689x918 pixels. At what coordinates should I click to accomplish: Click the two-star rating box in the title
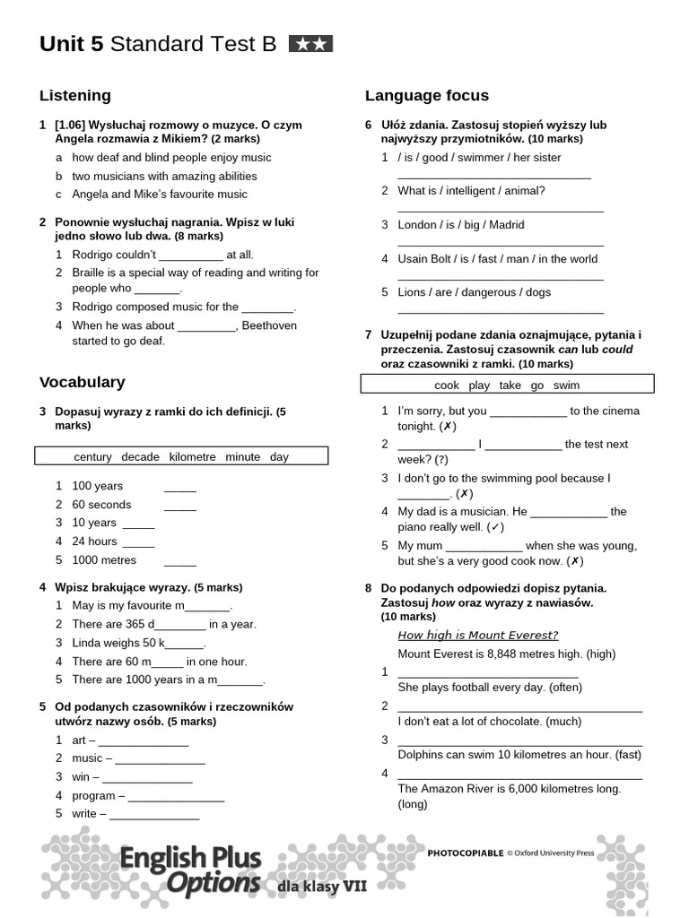[310, 44]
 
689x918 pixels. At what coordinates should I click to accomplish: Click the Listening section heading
[75, 95]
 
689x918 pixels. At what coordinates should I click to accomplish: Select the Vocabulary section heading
[83, 382]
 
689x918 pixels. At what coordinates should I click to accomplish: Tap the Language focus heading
[427, 95]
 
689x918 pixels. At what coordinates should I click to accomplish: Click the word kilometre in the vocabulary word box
[192, 456]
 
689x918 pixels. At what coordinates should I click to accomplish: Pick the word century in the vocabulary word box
[93, 456]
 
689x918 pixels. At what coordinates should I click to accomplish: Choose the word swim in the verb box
[566, 385]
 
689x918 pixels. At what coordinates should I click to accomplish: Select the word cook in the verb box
[447, 385]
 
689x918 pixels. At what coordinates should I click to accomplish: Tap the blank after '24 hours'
[139, 542]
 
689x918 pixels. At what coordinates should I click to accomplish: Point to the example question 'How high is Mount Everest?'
[477, 636]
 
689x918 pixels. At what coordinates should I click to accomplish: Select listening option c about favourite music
[160, 194]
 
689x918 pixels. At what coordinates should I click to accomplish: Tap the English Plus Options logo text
[190, 870]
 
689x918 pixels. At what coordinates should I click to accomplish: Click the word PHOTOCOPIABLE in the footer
[465, 853]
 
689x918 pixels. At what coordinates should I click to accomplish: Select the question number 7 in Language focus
[368, 334]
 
